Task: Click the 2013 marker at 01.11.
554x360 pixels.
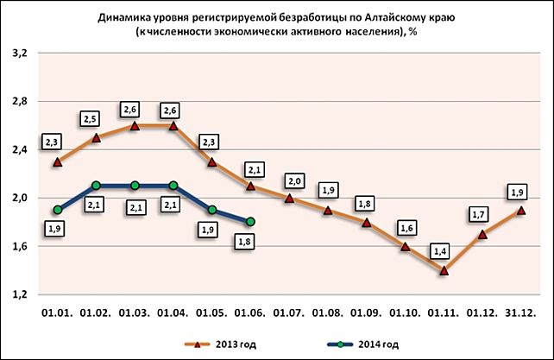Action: coord(444,270)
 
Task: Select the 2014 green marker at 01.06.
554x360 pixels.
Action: coord(250,222)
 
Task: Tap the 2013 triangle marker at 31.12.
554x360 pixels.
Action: coord(521,210)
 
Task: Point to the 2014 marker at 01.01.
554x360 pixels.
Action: coord(57,210)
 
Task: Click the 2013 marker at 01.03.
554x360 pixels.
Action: coord(135,125)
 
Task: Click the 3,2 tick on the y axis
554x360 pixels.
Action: coord(20,53)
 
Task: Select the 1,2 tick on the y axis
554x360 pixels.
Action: coord(20,294)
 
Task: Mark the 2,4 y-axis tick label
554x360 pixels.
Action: coord(20,149)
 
